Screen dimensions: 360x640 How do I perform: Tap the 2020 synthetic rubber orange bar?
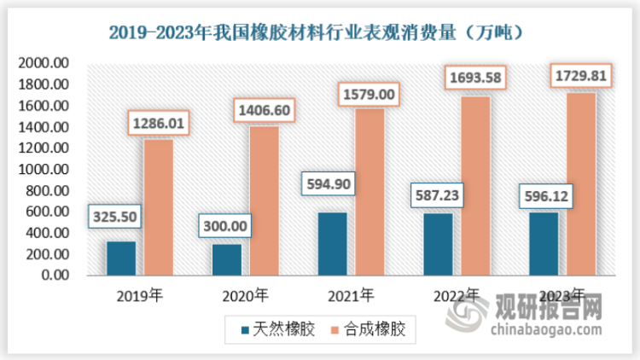(x=264, y=201)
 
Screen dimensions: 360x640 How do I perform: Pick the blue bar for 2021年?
(x=332, y=244)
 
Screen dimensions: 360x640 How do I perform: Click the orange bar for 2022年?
(x=475, y=186)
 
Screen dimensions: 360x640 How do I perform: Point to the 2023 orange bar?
(x=580, y=184)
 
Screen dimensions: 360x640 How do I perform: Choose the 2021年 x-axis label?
(x=350, y=296)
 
